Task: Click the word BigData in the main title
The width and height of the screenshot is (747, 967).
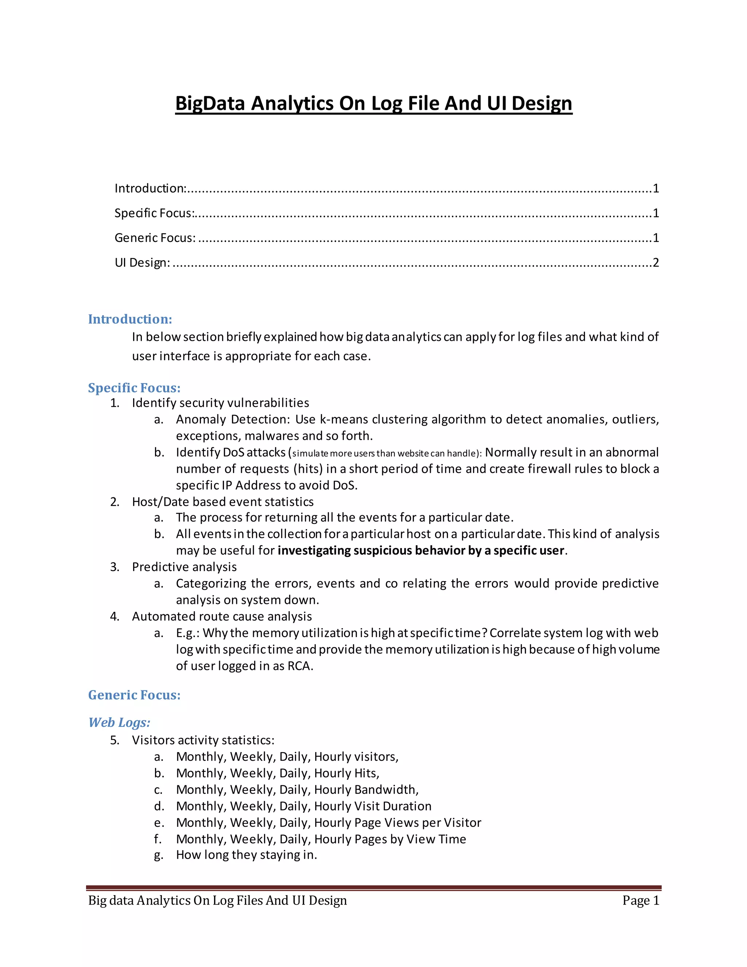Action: point(210,104)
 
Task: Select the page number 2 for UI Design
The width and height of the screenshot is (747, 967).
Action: point(655,263)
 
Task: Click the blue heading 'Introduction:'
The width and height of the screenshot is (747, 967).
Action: point(129,319)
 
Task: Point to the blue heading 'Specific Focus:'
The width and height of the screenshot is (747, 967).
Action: point(134,388)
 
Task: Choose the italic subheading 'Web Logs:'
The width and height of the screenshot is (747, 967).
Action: point(119,722)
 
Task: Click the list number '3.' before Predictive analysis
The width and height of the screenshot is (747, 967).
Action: point(115,567)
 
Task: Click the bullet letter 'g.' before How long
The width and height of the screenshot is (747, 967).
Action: point(158,855)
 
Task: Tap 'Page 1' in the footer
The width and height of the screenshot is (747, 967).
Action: point(640,900)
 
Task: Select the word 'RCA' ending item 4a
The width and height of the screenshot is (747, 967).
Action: point(299,666)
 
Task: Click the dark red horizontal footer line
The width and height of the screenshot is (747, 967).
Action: point(373,888)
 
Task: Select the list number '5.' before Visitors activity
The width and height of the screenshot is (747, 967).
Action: point(115,740)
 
